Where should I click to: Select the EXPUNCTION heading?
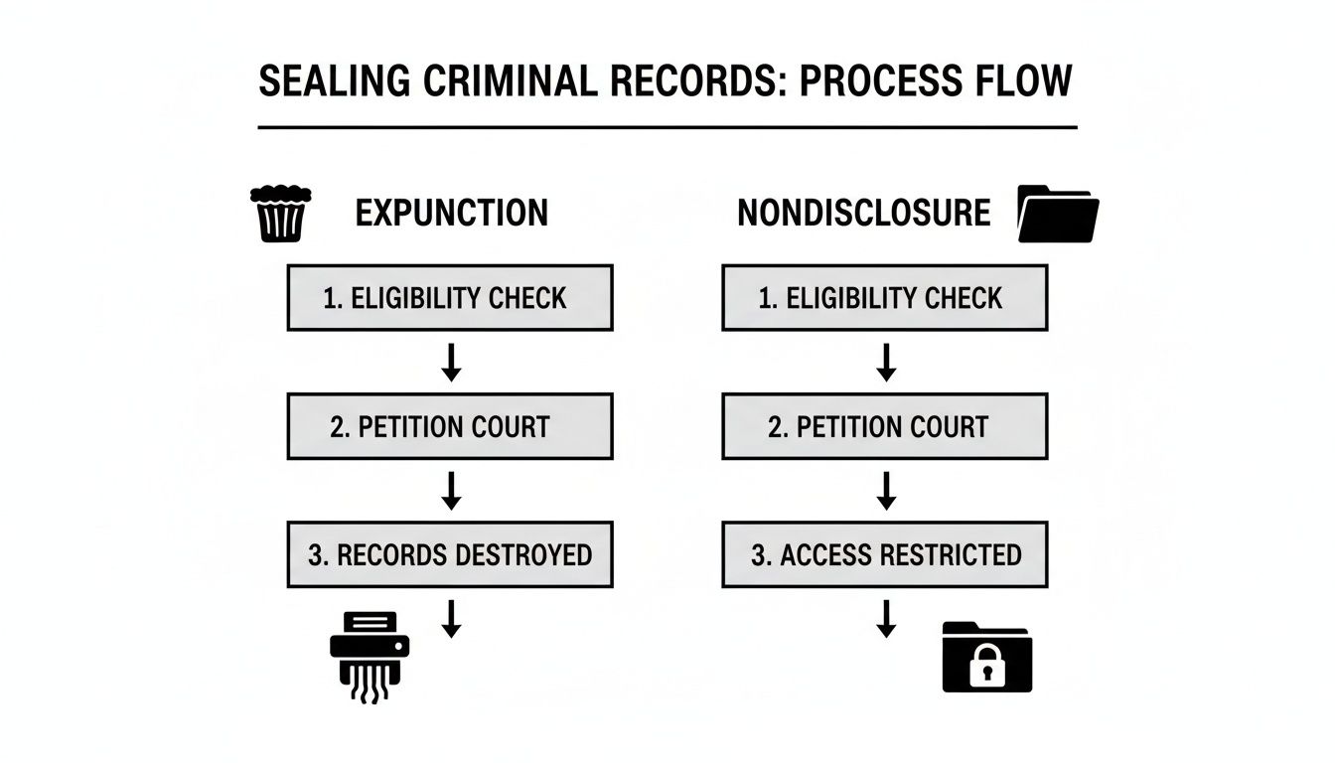(x=451, y=214)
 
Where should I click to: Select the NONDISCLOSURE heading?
(x=863, y=214)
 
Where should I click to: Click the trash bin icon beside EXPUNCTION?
(x=281, y=214)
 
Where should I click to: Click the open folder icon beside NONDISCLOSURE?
(x=1058, y=214)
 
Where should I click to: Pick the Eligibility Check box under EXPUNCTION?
(x=450, y=298)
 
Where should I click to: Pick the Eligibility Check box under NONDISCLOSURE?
(x=884, y=298)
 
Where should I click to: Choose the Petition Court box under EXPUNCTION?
(x=450, y=427)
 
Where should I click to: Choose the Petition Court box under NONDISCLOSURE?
(x=884, y=427)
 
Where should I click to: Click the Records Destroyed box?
(x=450, y=554)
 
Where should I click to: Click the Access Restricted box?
(x=884, y=554)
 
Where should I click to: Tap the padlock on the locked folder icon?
(x=987, y=668)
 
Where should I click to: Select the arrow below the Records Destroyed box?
(x=451, y=618)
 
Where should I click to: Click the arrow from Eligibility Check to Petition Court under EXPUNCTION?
(x=451, y=363)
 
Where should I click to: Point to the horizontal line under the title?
(x=667, y=127)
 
